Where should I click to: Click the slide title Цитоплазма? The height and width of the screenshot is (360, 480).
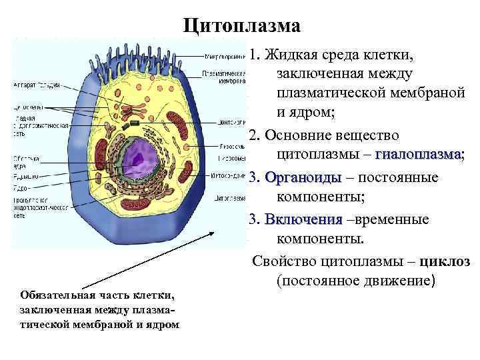click(243, 26)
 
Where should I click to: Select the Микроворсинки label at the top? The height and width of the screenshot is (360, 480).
click(223, 56)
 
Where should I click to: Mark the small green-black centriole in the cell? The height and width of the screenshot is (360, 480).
click(135, 124)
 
